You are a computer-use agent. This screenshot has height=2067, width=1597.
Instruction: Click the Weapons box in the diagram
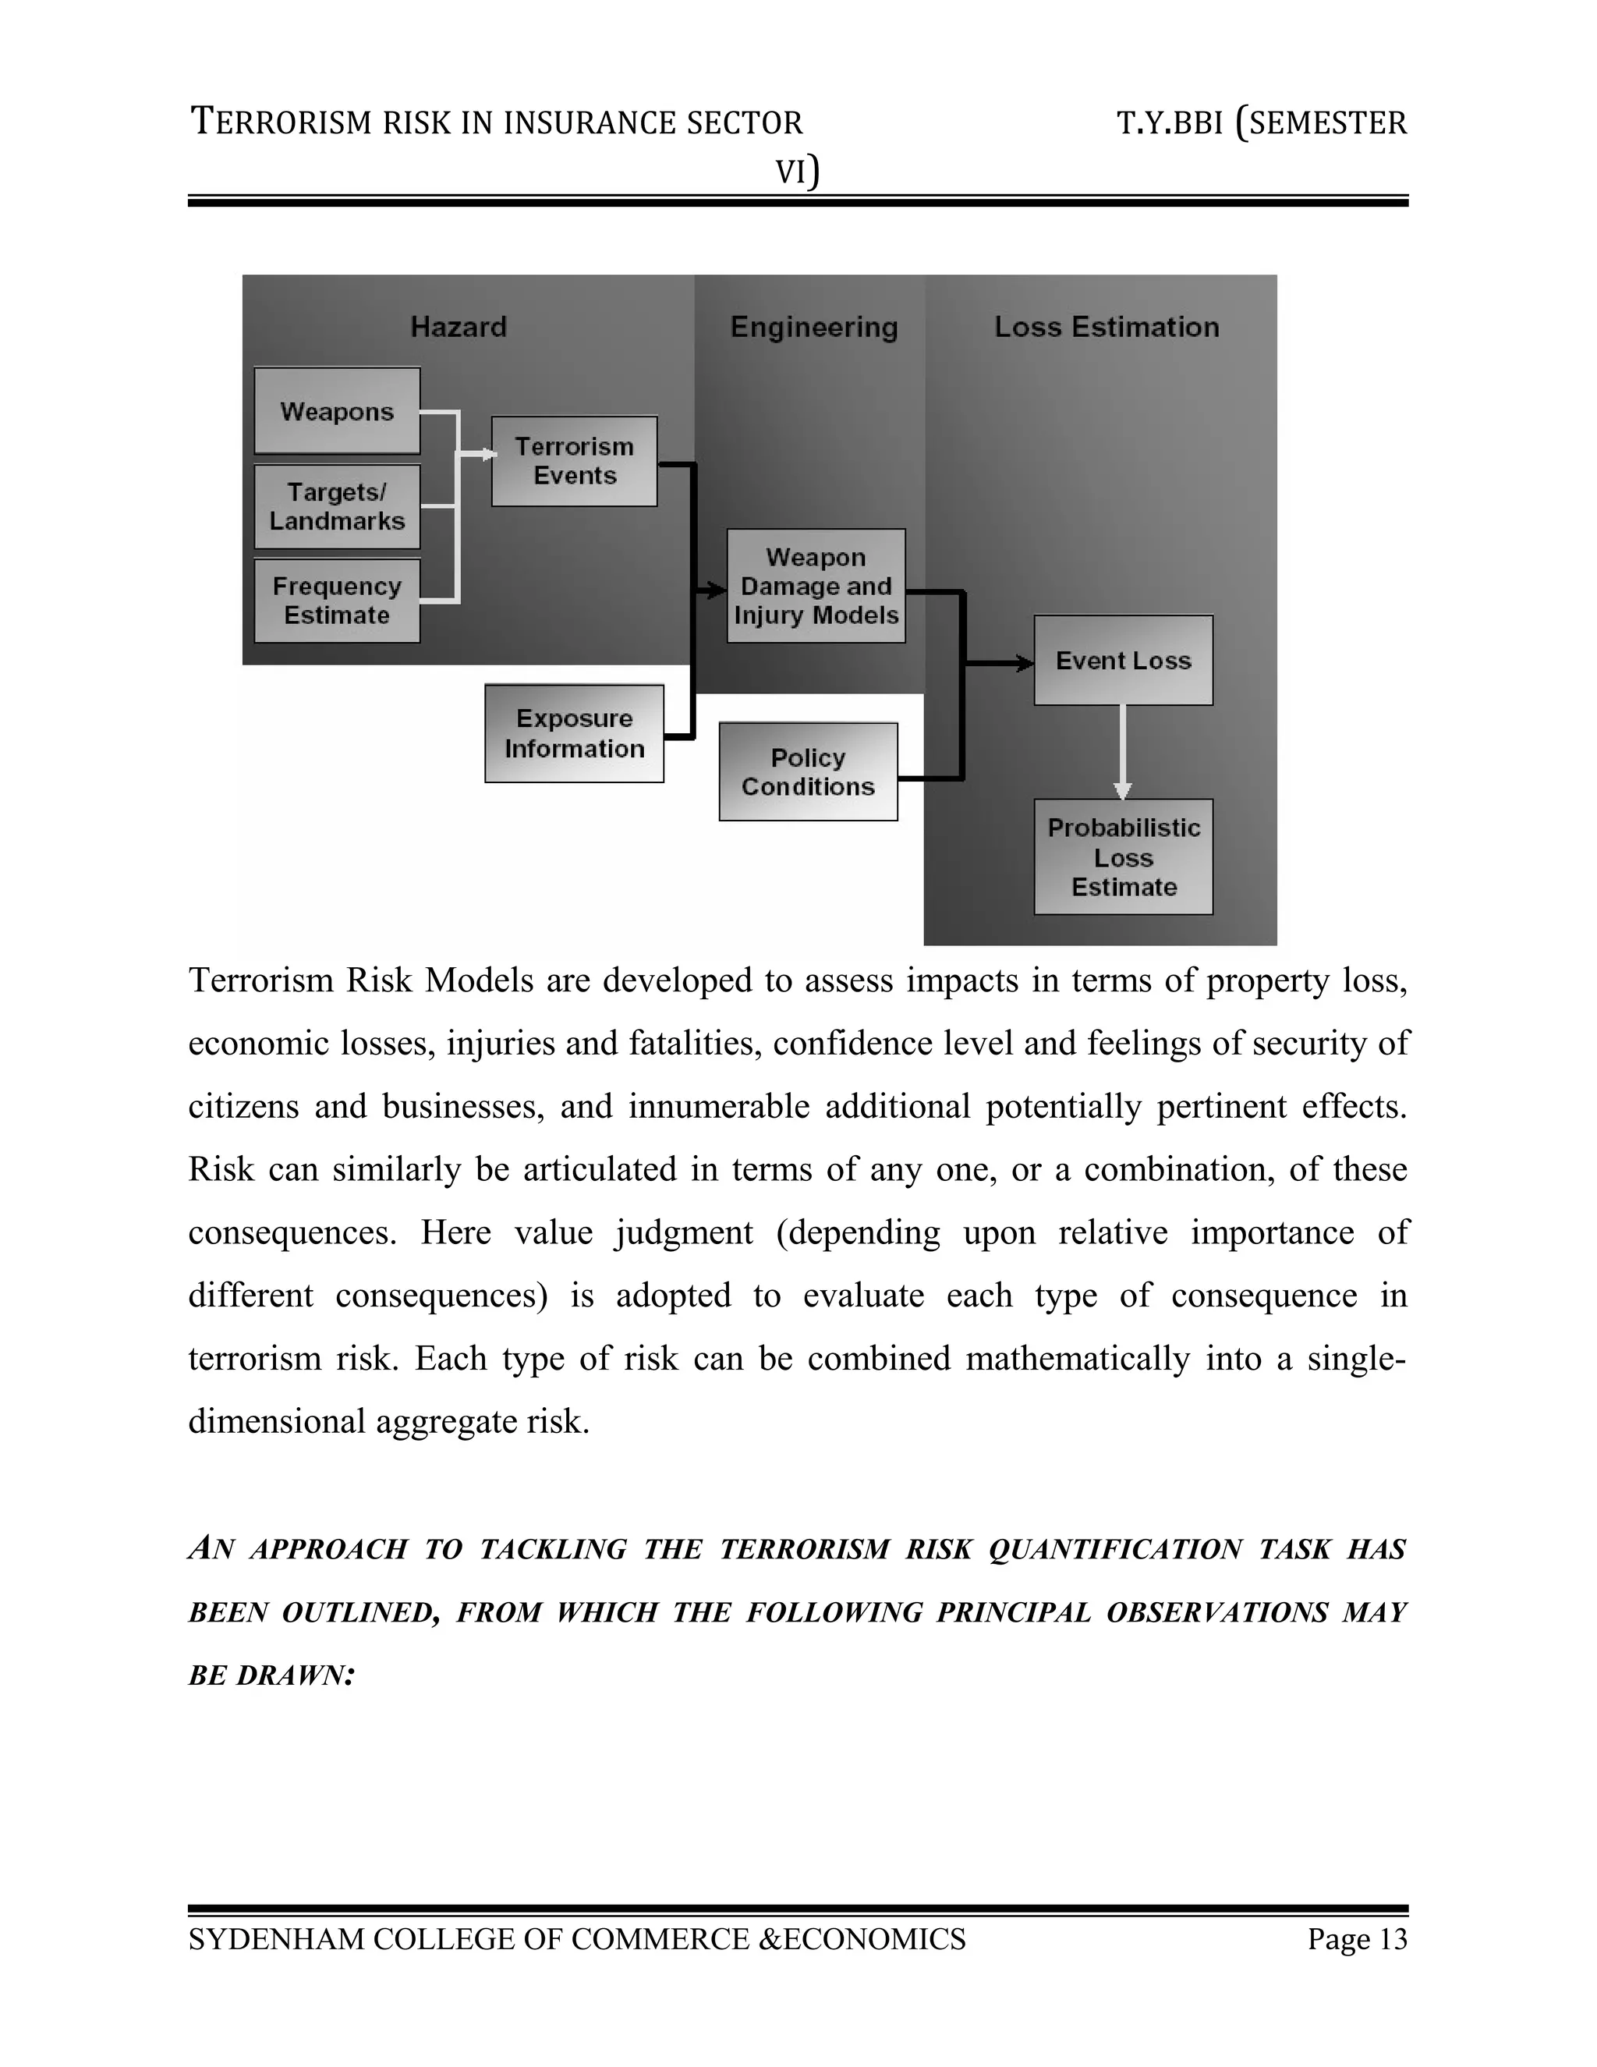pyautogui.click(x=337, y=411)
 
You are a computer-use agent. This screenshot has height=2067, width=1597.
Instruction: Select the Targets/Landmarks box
pyautogui.click(x=337, y=506)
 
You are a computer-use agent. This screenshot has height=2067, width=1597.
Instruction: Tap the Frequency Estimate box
pyautogui.click(x=337, y=601)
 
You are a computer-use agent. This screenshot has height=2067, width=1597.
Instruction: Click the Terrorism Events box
pyautogui.click(x=574, y=461)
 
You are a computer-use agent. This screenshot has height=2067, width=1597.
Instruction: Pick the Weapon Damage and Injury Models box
pyautogui.click(x=816, y=586)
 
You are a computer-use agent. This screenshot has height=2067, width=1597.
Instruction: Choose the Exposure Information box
pyautogui.click(x=574, y=733)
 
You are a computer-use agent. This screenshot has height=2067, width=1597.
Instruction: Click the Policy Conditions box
pyautogui.click(x=808, y=771)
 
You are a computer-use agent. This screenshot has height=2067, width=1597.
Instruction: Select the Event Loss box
pyautogui.click(x=1123, y=661)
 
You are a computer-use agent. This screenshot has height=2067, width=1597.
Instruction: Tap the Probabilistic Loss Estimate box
pyautogui.click(x=1123, y=857)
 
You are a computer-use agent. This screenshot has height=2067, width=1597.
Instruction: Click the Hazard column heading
pyautogui.click(x=459, y=328)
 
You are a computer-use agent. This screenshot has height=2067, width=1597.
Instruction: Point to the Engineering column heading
pyautogui.click(x=813, y=328)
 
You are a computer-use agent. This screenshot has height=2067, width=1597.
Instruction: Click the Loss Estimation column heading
pyautogui.click(x=1106, y=328)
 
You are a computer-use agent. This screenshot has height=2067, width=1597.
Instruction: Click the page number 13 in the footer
pyautogui.click(x=1393, y=1940)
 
